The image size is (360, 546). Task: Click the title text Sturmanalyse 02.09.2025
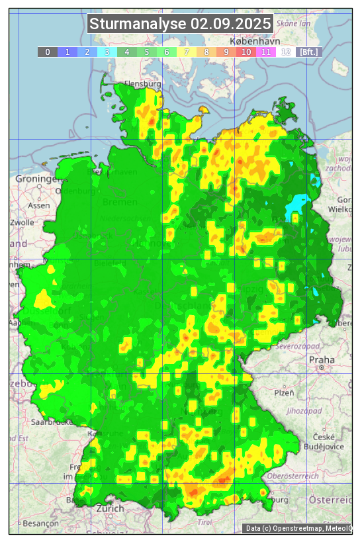[x=180, y=24]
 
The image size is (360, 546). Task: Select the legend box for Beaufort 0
[x=48, y=52]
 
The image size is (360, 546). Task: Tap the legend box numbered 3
[x=107, y=52]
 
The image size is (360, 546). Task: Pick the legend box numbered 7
[x=187, y=52]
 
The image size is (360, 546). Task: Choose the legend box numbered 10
[x=246, y=52]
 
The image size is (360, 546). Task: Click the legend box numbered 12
[x=286, y=52]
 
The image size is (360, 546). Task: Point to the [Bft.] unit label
[x=308, y=52]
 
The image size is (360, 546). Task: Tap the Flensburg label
[x=143, y=85]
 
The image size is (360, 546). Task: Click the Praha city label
[x=322, y=359]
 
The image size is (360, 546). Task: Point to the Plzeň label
[x=284, y=392]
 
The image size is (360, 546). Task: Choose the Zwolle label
[x=21, y=222]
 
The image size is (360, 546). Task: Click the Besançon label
[x=40, y=523]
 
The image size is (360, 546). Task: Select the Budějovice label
[x=328, y=447]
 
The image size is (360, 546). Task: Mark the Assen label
[x=39, y=205]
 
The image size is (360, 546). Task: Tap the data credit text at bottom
[x=297, y=528]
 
